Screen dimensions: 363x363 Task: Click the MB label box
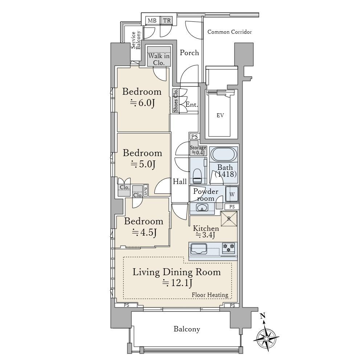(152, 21)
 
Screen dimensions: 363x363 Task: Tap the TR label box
(167, 21)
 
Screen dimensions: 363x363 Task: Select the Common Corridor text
(229, 32)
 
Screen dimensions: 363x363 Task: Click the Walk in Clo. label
(159, 59)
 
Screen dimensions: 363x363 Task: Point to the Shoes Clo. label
(176, 101)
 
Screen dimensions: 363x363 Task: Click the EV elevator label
(220, 115)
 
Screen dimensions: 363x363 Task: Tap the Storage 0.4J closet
(198, 150)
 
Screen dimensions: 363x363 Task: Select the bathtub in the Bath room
(223, 154)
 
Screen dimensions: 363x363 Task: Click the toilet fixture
(197, 176)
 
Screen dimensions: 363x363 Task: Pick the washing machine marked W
(232, 194)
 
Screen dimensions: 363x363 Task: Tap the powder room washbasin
(202, 207)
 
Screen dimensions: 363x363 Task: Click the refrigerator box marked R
(229, 219)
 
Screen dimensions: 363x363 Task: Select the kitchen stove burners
(229, 247)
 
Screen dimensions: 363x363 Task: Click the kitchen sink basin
(199, 249)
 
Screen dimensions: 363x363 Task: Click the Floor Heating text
(210, 295)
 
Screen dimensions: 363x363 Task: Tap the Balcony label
(187, 329)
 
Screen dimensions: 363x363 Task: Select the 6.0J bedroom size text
(143, 103)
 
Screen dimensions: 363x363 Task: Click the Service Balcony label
(136, 40)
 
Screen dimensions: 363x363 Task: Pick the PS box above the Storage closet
(195, 136)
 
